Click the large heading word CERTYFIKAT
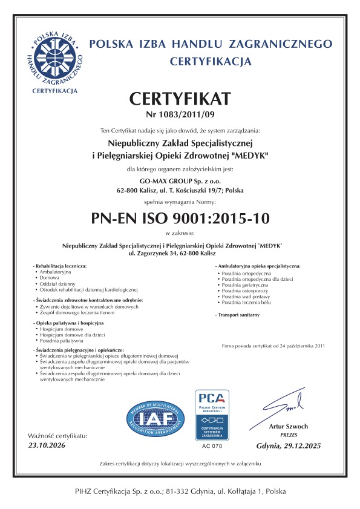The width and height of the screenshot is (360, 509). click(x=180, y=99)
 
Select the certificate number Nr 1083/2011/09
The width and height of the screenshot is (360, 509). click(x=180, y=114)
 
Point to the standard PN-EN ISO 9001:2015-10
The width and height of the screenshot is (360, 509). click(x=180, y=217)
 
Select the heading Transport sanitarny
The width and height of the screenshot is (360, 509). click(x=239, y=316)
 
